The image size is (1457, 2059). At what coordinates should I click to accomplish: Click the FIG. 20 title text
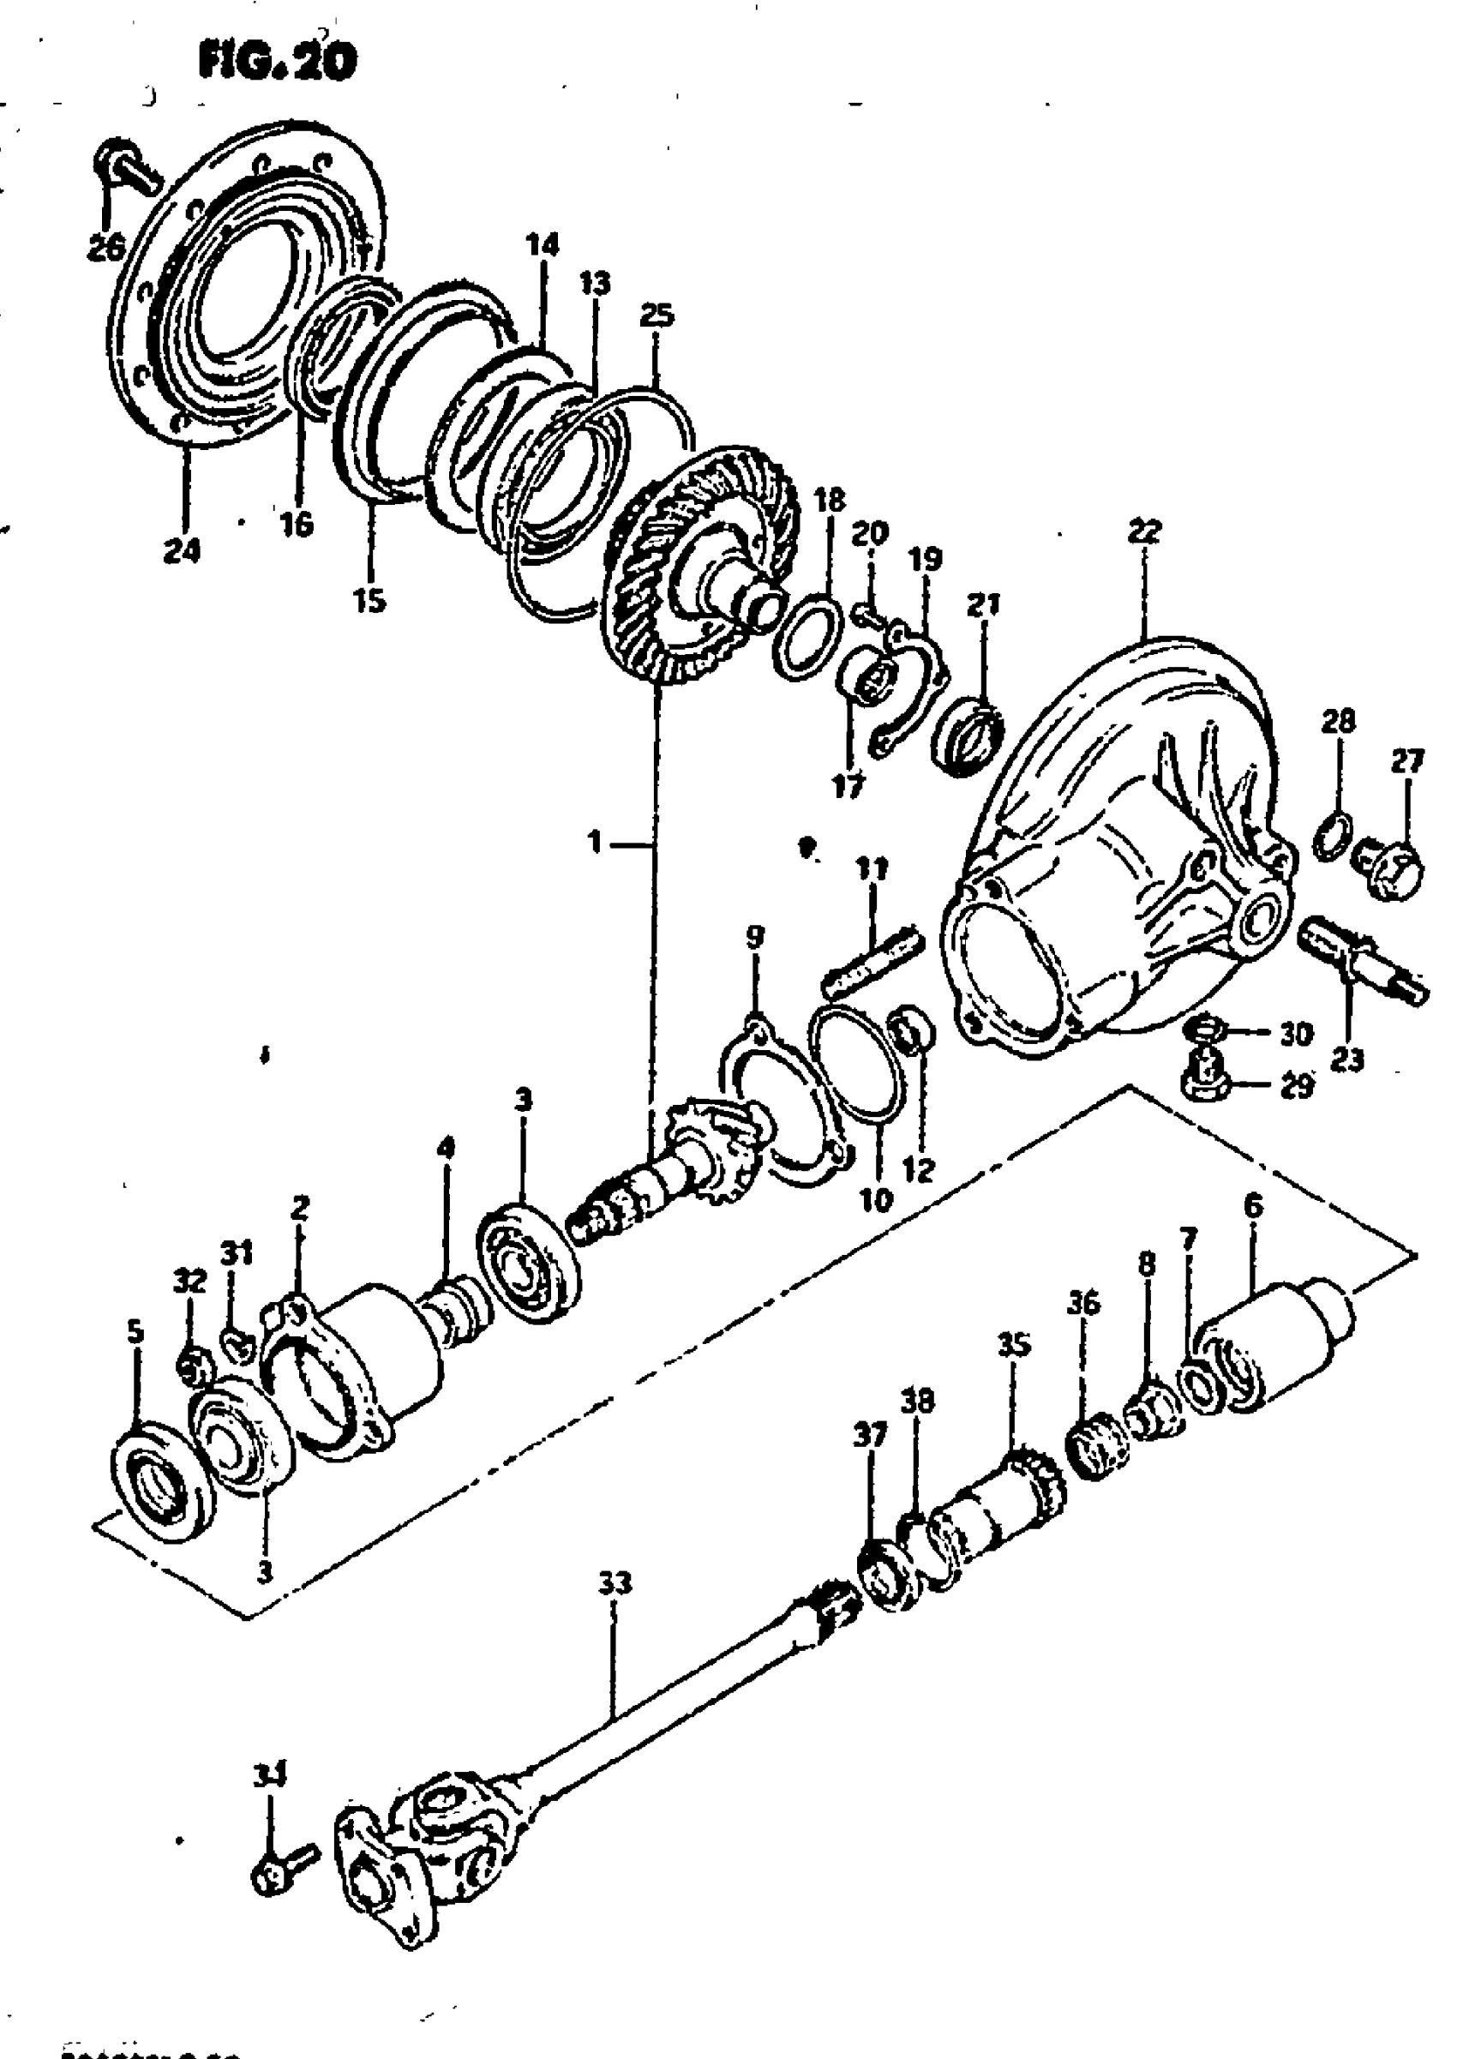(276, 61)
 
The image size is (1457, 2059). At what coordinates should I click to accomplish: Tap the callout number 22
(1145, 531)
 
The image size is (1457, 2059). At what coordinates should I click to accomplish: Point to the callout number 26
(106, 247)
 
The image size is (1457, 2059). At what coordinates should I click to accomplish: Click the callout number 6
(1252, 1207)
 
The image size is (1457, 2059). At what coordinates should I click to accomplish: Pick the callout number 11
(871, 868)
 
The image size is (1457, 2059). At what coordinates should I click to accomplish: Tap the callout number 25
(657, 315)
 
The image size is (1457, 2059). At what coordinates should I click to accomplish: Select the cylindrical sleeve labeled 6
(1274, 1346)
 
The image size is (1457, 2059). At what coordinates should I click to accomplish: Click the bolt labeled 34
(284, 1870)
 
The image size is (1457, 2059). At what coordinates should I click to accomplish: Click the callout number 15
(369, 599)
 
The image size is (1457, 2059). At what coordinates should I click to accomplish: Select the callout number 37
(870, 1437)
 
